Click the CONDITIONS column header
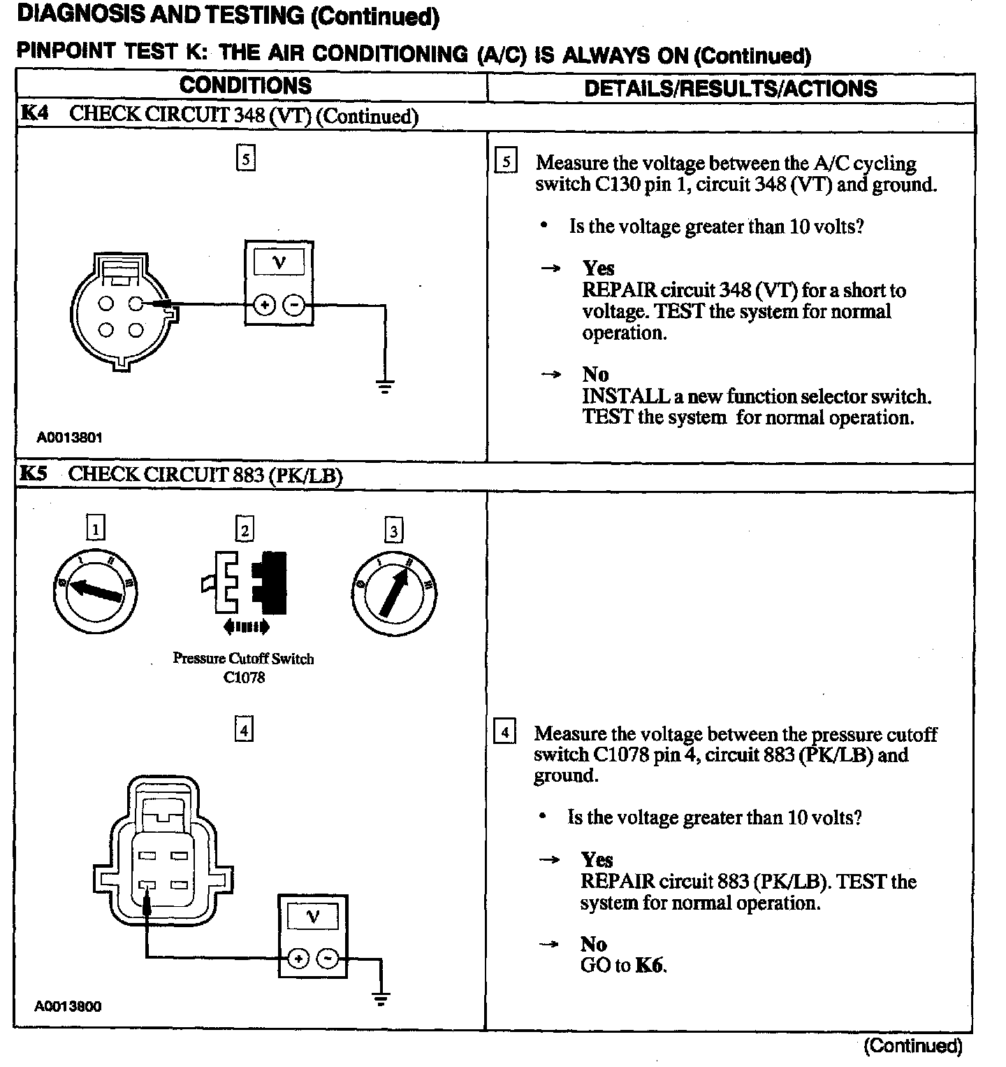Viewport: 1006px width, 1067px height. [245, 86]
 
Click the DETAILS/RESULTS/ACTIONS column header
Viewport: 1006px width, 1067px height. [730, 88]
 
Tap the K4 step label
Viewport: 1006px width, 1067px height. [34, 113]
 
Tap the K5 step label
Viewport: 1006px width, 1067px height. [33, 473]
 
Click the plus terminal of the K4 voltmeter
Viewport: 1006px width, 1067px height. [264, 306]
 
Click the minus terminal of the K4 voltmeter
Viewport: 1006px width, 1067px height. [293, 306]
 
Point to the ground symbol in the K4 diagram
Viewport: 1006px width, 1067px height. [385, 386]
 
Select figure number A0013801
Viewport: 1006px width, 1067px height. [70, 438]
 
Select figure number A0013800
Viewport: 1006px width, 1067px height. [68, 1007]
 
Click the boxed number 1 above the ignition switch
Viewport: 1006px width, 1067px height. [96, 528]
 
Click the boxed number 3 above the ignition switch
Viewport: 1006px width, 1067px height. [394, 531]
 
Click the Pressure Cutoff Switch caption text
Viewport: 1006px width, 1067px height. [243, 659]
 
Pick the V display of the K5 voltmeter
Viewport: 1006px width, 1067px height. [312, 917]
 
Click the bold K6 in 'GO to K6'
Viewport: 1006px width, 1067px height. [649, 966]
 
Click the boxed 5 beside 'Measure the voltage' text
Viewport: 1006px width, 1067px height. [505, 162]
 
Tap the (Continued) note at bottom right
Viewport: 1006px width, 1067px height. [913, 1046]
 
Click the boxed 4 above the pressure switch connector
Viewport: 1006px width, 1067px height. [243, 730]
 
